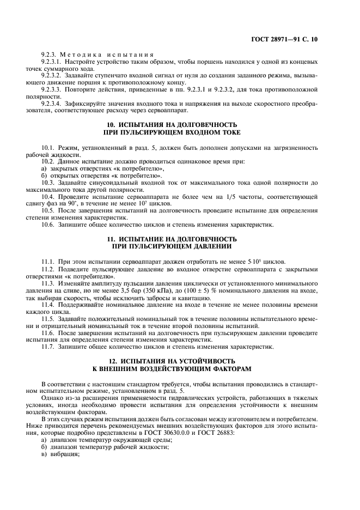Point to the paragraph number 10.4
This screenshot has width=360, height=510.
point(48,195)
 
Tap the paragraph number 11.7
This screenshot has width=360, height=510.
point(48,347)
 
